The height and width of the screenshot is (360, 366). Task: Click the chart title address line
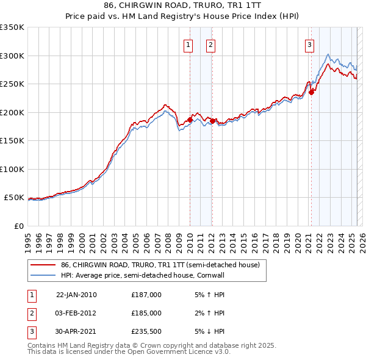click(182, 5)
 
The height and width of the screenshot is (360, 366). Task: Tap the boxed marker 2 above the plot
click(210, 44)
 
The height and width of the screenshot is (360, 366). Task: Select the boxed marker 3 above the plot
click(309, 44)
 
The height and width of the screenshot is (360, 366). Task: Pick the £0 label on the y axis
click(18, 226)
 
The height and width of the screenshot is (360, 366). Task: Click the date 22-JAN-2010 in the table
click(76, 295)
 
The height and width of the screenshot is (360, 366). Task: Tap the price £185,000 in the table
click(146, 313)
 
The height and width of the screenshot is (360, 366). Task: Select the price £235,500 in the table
click(146, 331)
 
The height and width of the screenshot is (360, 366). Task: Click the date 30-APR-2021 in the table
click(76, 331)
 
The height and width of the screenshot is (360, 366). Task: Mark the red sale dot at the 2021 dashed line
click(311, 92)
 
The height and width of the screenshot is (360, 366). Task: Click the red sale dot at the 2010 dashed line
click(190, 120)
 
